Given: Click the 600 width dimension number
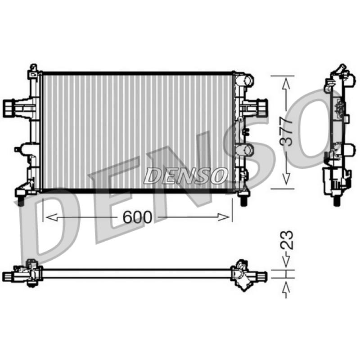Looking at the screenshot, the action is tap(137, 217).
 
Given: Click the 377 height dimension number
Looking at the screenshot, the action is tap(286, 131).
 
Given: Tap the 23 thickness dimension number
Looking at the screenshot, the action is tap(287, 240).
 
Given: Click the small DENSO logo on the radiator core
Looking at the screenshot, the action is tap(185, 175).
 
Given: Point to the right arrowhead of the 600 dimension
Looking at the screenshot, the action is tap(223, 217).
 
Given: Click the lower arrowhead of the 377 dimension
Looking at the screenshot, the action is tap(286, 179).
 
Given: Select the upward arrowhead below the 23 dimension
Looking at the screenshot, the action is tap(286, 288).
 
